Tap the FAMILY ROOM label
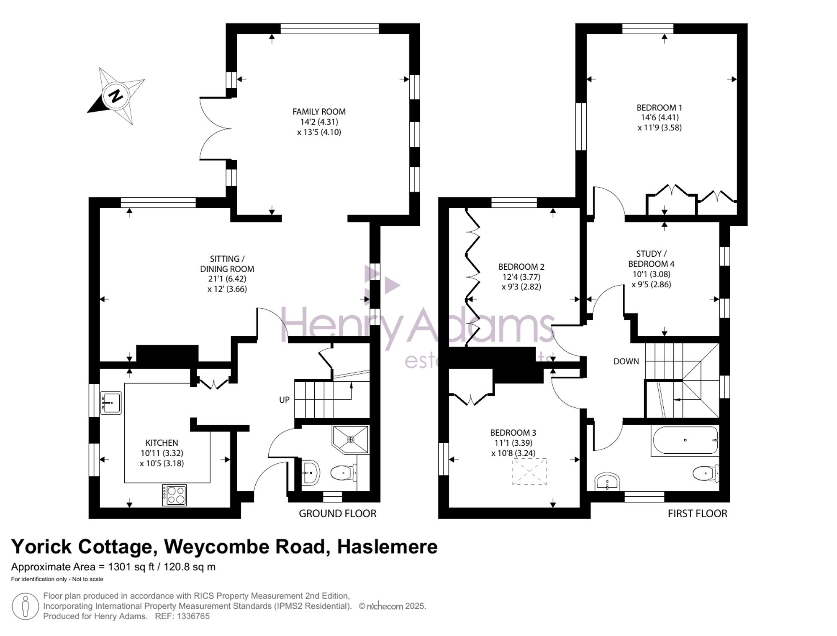[319, 112]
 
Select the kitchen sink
[110, 403]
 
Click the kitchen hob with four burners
[175, 495]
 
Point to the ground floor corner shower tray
[351, 439]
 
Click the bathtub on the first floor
[685, 440]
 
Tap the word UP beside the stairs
[284, 400]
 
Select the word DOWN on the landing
[626, 361]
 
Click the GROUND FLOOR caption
[337, 513]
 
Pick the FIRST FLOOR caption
[697, 513]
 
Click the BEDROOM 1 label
[659, 107]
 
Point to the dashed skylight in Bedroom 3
[529, 472]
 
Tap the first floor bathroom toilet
[705, 473]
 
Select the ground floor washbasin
[310, 473]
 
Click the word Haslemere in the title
[387, 547]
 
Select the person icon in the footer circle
[25, 606]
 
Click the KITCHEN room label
[162, 443]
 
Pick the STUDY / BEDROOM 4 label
[651, 259]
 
